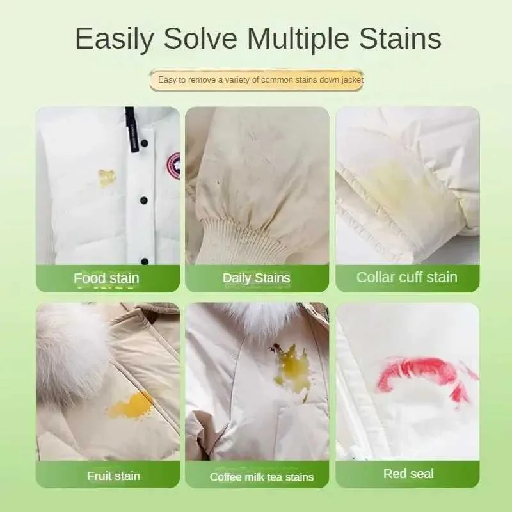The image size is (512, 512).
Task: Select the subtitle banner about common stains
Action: coord(257,80)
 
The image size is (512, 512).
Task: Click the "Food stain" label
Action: coord(106,278)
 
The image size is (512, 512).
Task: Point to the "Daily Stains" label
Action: coord(257,278)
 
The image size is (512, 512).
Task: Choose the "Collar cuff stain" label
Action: coord(407,277)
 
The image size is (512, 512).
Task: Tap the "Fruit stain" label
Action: coord(113,476)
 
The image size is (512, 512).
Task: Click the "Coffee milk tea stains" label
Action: coord(262,477)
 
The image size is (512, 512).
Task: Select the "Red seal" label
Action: coord(408,474)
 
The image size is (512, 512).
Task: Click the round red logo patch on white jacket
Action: coord(174,166)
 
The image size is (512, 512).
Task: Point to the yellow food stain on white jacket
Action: coord(106,177)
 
